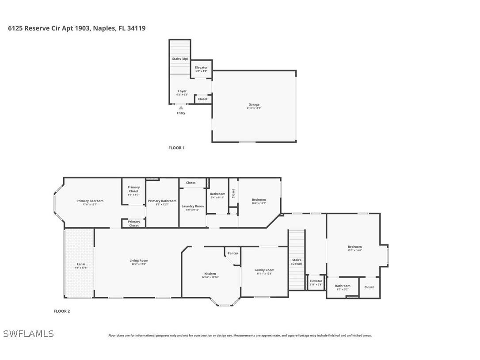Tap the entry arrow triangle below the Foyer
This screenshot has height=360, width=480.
[x=181, y=107]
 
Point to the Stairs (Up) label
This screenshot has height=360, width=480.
[x=180, y=59]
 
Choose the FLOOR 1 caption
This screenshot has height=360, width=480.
[x=176, y=148]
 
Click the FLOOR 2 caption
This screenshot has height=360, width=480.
[x=62, y=311]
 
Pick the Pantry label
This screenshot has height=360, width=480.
[x=233, y=253]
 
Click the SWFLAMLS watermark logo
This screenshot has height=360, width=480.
[x=28, y=334]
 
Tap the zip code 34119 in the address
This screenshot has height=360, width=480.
[x=137, y=28]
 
